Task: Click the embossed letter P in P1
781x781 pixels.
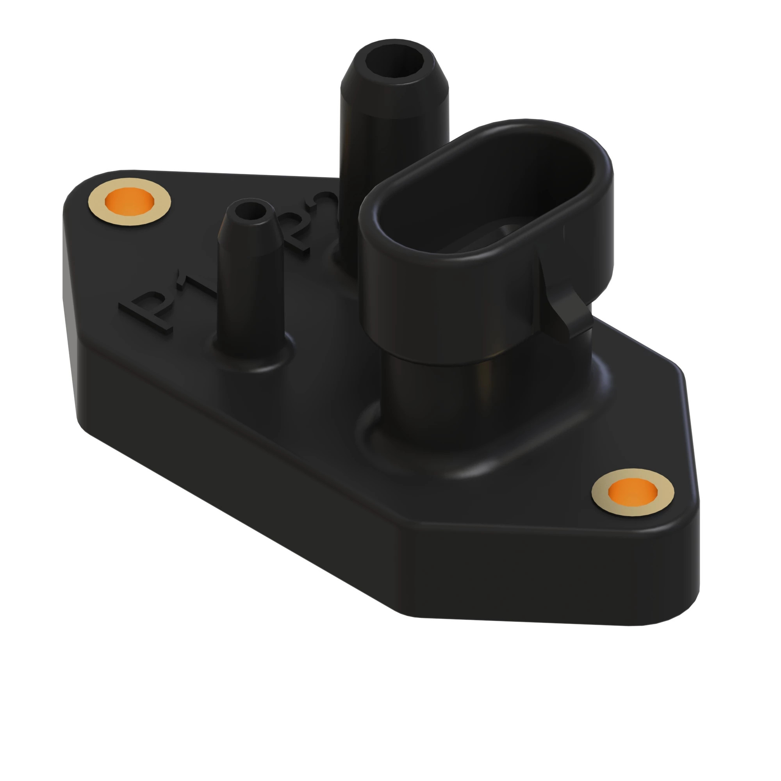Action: coord(148,313)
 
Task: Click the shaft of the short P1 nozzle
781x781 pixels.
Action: coord(249,299)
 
